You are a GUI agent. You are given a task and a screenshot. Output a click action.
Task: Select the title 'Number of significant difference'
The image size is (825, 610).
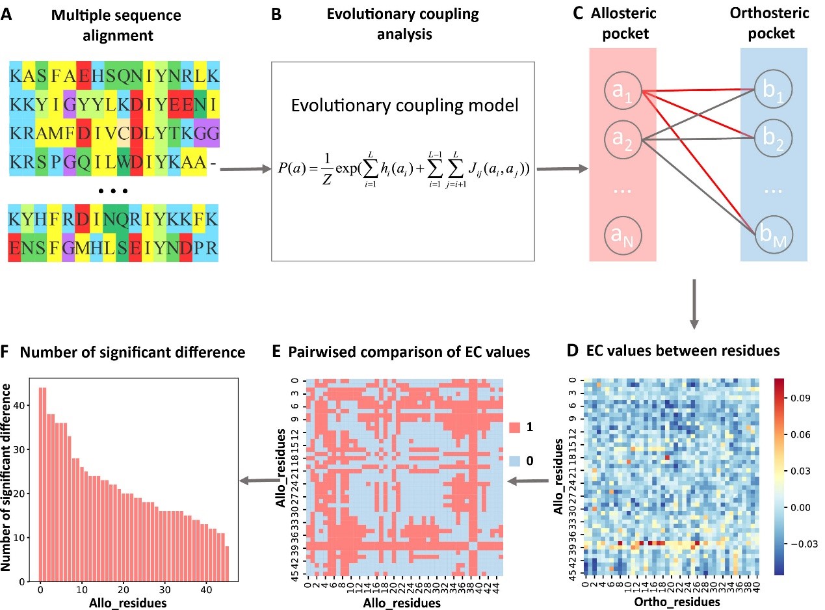(133, 352)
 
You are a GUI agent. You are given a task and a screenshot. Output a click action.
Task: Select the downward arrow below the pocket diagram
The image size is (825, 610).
(695, 302)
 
